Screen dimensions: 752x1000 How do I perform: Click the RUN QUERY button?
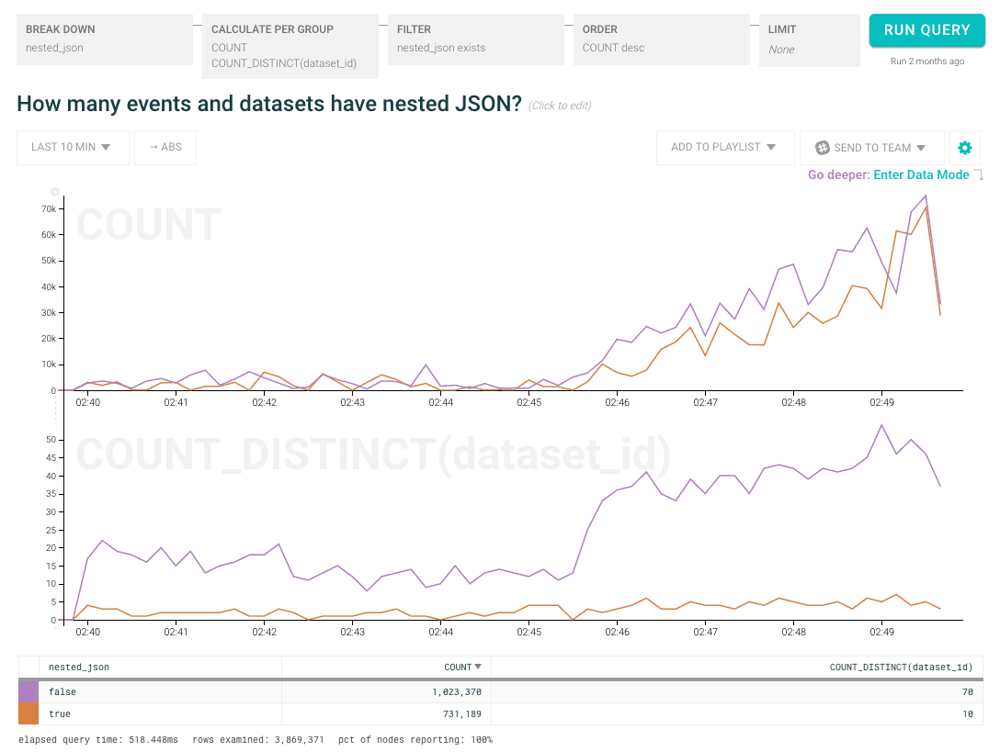926,30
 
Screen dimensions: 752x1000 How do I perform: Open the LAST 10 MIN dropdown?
72,147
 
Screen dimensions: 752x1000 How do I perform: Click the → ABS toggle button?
165,147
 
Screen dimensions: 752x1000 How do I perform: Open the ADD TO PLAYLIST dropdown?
723,147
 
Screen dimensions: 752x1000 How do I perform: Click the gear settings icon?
964,148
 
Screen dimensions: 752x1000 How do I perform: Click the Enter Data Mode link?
921,174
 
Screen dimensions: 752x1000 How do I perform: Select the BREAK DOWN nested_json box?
105,39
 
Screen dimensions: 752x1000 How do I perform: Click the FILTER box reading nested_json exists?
474,39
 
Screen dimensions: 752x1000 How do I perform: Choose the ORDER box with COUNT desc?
660,39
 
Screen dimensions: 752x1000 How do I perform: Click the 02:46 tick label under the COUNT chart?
617,402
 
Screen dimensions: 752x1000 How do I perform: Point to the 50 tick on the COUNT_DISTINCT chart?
51,440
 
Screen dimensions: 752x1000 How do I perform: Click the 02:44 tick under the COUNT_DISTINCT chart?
440,632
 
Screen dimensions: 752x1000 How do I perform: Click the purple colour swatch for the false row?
28,690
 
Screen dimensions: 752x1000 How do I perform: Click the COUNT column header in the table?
457,668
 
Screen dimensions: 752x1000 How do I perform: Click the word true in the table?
60,713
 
